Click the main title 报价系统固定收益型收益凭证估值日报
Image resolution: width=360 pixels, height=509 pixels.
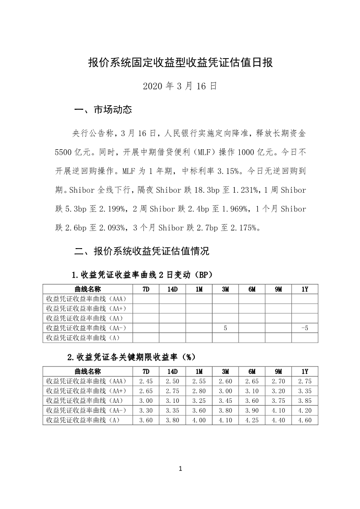[180, 63]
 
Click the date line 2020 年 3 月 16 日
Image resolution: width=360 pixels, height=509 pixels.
[180, 86]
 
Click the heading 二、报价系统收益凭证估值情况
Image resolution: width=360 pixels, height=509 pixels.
[142, 251]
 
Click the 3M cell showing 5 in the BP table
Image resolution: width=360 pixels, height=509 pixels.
[225, 328]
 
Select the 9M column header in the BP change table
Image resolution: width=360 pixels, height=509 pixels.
[278, 289]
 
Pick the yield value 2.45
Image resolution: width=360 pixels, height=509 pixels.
[145, 381]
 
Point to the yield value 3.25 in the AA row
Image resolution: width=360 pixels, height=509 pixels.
[199, 401]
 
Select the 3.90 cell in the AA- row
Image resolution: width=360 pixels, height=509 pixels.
[252, 410]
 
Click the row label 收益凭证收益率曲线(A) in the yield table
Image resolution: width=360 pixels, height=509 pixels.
[84, 420]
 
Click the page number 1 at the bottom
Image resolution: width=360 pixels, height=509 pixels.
[180, 469]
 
